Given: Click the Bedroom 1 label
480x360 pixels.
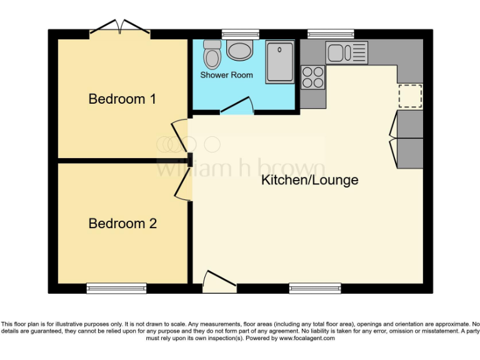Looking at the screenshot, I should click(x=122, y=99).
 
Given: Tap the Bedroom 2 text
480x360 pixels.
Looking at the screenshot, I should click(x=122, y=223).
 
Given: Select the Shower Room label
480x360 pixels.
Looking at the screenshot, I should click(x=226, y=75).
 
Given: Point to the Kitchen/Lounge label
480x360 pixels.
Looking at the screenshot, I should click(x=309, y=181).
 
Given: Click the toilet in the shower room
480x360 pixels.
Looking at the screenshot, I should click(x=212, y=55).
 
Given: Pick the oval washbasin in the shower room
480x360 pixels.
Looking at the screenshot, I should click(x=239, y=50).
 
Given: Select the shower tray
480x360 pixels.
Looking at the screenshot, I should click(x=280, y=62).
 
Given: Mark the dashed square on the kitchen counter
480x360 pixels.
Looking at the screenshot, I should click(x=410, y=96).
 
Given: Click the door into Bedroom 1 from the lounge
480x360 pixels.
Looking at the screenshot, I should click(x=181, y=135).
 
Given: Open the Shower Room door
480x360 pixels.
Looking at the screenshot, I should click(x=236, y=106).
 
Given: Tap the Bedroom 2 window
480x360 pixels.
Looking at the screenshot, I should click(x=116, y=287).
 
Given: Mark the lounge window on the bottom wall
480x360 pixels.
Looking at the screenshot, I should click(x=315, y=287).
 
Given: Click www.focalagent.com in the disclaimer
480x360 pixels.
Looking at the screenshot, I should click(x=307, y=338).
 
